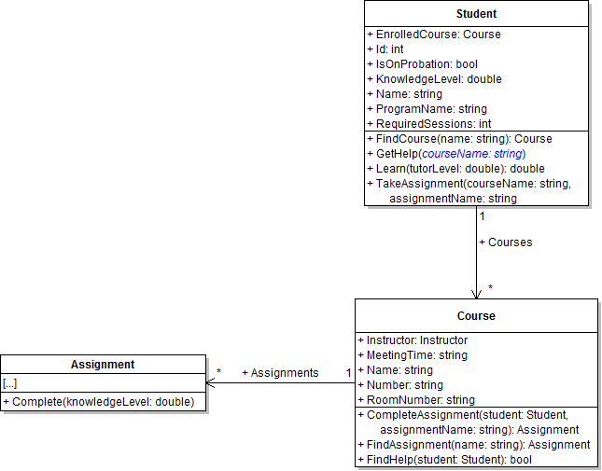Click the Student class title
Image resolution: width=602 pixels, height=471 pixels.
click(x=476, y=14)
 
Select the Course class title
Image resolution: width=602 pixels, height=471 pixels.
click(x=476, y=315)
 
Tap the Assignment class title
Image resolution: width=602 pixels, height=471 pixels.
click(x=103, y=365)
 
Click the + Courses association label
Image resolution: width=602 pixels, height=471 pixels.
click(x=505, y=242)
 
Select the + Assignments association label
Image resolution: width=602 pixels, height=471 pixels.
click(x=280, y=373)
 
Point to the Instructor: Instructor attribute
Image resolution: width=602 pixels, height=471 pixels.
click(x=416, y=340)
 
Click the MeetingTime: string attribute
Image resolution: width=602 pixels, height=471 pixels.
click(x=416, y=355)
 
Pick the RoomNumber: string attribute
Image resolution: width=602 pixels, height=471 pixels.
click(x=420, y=400)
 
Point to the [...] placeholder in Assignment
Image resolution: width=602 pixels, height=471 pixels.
click(x=10, y=383)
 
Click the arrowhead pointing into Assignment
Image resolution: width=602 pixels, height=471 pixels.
click(x=211, y=382)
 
